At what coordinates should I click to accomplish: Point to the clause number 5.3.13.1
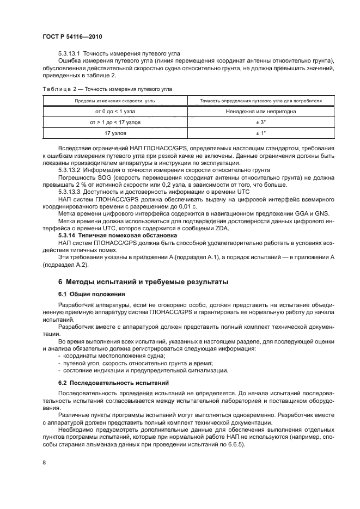(x=69, y=53)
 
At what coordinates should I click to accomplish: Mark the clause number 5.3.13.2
(x=69, y=170)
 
